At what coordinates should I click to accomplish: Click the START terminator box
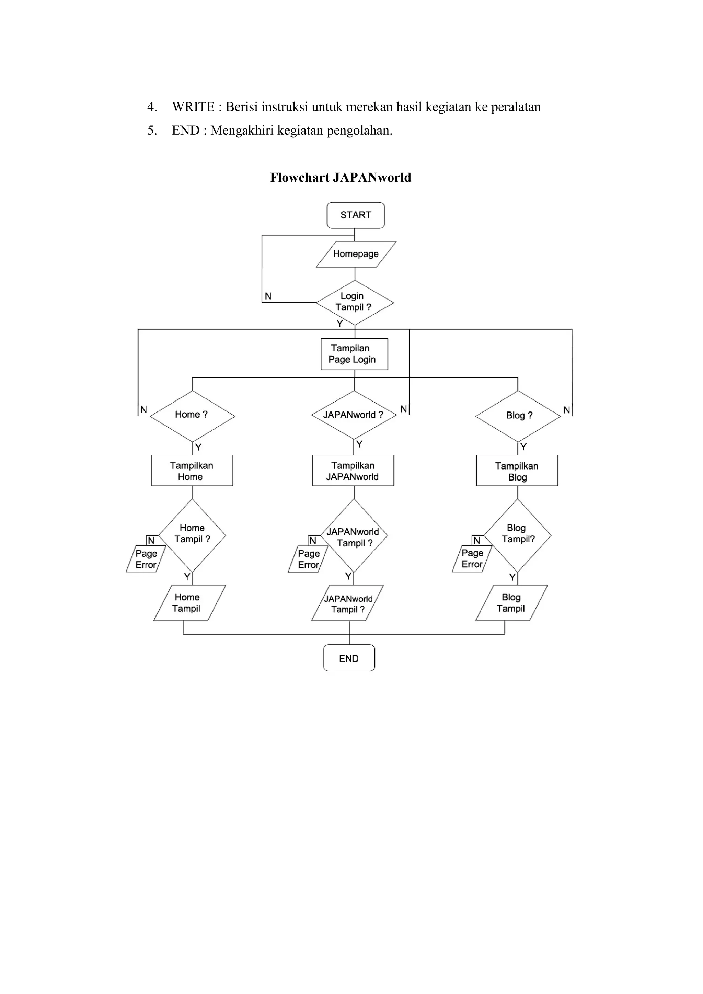[x=355, y=215]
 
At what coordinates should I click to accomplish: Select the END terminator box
[x=349, y=658]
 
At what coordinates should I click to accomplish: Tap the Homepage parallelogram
[x=356, y=254]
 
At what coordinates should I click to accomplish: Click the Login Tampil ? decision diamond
[x=355, y=302]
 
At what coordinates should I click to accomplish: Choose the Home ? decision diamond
[x=192, y=415]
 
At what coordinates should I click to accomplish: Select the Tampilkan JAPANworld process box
[x=353, y=471]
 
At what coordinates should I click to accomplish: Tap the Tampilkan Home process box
[x=192, y=471]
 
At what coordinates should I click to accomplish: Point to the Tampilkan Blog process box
[x=517, y=471]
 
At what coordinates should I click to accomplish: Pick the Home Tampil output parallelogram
[x=189, y=603]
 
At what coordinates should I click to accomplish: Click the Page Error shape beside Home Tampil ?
[x=146, y=559]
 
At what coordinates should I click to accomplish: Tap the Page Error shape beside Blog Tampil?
[x=472, y=559]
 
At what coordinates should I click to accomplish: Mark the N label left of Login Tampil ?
[x=268, y=296]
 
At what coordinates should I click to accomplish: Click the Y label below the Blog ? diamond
[x=523, y=447]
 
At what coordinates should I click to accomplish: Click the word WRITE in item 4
[x=193, y=107]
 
